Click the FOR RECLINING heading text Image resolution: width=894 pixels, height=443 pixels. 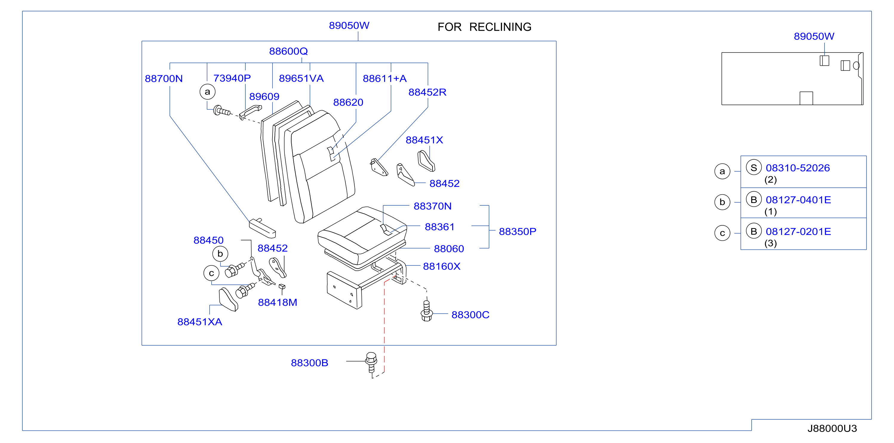pyautogui.click(x=484, y=27)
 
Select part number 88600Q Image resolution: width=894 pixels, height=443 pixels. pyautogui.click(x=288, y=51)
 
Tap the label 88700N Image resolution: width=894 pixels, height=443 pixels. pyautogui.click(x=164, y=79)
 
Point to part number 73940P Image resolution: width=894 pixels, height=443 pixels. pyautogui.click(x=232, y=79)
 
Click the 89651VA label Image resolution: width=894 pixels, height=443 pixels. pyautogui.click(x=301, y=79)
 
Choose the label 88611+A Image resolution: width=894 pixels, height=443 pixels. pyautogui.click(x=384, y=79)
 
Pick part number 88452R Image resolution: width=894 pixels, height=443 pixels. pyautogui.click(x=427, y=92)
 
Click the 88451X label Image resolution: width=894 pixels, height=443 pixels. pyautogui.click(x=424, y=140)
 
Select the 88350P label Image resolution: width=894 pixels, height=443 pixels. pyautogui.click(x=518, y=232)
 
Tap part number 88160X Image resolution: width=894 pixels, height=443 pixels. pyautogui.click(x=441, y=267)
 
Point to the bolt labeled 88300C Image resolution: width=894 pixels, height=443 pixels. pyautogui.click(x=427, y=311)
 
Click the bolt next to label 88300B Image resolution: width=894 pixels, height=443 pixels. pyautogui.click(x=371, y=362)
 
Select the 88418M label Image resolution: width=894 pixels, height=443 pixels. pyautogui.click(x=277, y=303)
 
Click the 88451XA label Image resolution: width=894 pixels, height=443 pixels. pyautogui.click(x=200, y=322)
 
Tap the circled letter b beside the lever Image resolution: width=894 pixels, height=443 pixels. pyautogui.click(x=220, y=254)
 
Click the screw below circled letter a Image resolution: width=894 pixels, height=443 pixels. pyautogui.click(x=222, y=111)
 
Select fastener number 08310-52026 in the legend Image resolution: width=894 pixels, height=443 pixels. pyautogui.click(x=798, y=168)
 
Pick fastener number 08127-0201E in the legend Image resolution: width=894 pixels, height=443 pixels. pyautogui.click(x=798, y=232)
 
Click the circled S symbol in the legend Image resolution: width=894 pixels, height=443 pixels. pyautogui.click(x=753, y=168)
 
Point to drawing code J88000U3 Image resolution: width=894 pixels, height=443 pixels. pyautogui.click(x=832, y=429)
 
